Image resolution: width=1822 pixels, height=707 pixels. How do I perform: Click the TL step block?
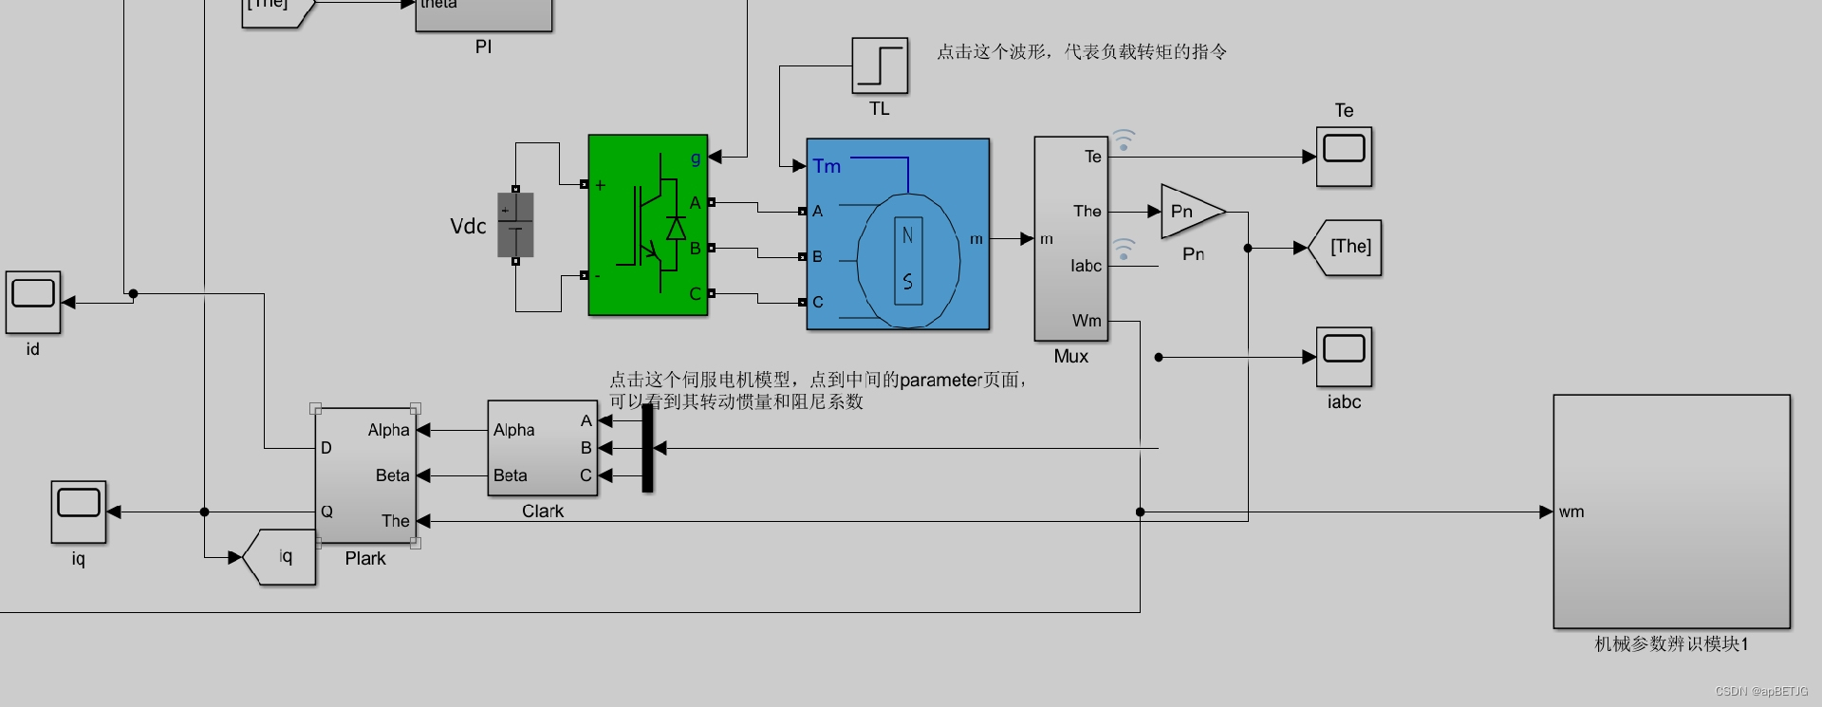pyautogui.click(x=880, y=65)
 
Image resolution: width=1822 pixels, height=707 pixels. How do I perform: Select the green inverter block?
pyautogui.click(x=648, y=225)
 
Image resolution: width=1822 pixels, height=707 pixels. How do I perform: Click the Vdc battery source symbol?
pyautogui.click(x=515, y=225)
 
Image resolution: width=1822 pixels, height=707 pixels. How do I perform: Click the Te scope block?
pyautogui.click(x=1344, y=156)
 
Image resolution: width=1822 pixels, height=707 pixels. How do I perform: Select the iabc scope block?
pyautogui.click(x=1344, y=357)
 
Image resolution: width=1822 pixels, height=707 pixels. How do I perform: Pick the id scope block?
pyautogui.click(x=33, y=302)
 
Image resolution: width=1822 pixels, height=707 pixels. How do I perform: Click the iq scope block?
pyautogui.click(x=79, y=512)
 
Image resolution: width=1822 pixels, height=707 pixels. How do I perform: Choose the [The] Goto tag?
pyautogui.click(x=1348, y=248)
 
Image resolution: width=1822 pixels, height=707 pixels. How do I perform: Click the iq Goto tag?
pyautogui.click(x=282, y=557)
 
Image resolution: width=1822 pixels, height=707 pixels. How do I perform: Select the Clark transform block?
pyautogui.click(x=542, y=449)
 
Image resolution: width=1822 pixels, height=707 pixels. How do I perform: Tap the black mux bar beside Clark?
pyautogui.click(x=647, y=448)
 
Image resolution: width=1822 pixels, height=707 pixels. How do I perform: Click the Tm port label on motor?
pyautogui.click(x=827, y=166)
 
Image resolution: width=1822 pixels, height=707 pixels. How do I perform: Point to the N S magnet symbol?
pyautogui.click(x=908, y=259)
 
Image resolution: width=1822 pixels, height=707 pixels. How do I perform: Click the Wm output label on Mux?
pyautogui.click(x=1087, y=321)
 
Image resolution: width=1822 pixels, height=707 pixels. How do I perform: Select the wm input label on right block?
pyautogui.click(x=1571, y=512)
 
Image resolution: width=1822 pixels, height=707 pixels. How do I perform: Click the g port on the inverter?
pyautogui.click(x=696, y=158)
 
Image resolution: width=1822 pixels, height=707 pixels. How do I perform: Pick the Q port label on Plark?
pyautogui.click(x=326, y=512)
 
